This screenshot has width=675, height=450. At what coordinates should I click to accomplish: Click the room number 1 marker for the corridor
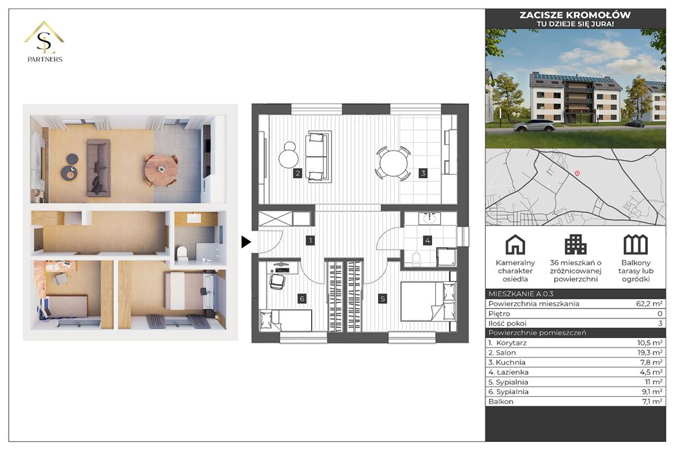(x=310, y=240)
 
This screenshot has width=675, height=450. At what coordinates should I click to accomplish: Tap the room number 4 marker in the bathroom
(x=427, y=240)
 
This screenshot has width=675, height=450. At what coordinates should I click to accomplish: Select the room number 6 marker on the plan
(x=302, y=299)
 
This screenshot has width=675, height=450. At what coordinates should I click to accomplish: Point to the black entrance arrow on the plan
(x=246, y=242)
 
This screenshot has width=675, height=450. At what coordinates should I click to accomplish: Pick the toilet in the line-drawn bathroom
(x=416, y=259)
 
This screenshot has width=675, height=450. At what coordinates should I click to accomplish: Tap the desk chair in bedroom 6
(x=277, y=281)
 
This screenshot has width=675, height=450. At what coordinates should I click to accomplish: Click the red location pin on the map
(x=577, y=173)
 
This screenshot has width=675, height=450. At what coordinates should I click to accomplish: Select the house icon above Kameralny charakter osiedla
(x=515, y=245)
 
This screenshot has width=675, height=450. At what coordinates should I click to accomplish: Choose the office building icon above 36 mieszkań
(x=575, y=245)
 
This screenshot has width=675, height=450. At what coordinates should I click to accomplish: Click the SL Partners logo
(x=45, y=42)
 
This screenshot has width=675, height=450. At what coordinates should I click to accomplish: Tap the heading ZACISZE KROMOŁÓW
(x=575, y=15)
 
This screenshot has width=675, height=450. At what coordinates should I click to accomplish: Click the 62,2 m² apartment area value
(x=649, y=304)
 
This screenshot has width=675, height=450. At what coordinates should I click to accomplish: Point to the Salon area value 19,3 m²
(x=649, y=353)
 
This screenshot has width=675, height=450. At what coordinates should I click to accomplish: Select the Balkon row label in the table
(x=501, y=402)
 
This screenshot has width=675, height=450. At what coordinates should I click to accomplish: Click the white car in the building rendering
(x=534, y=125)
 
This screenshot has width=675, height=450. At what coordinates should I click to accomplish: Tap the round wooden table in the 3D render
(x=161, y=170)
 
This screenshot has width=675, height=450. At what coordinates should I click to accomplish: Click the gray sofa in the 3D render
(x=99, y=167)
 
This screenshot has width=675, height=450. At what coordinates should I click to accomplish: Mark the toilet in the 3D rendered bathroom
(x=182, y=254)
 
